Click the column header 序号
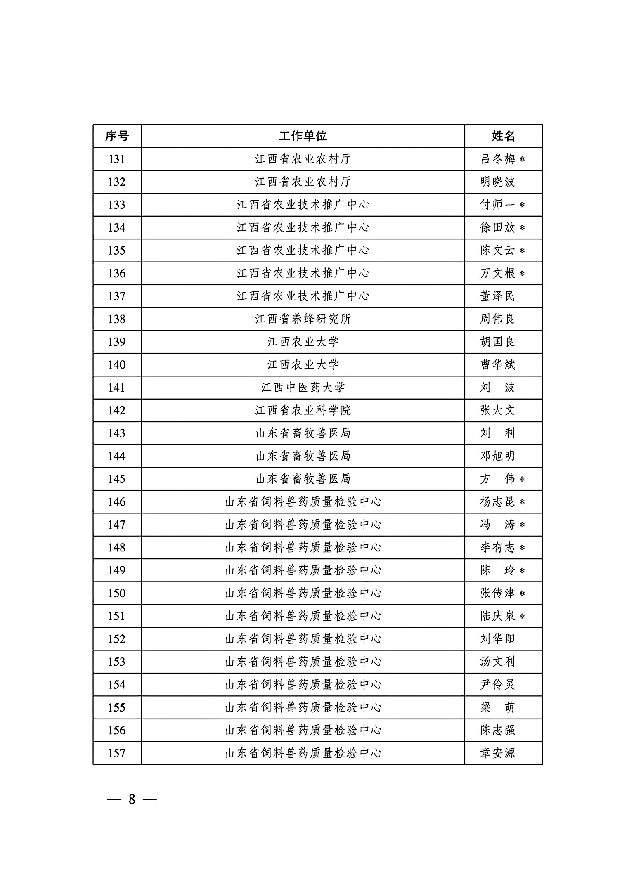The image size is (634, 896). pyautogui.click(x=117, y=136)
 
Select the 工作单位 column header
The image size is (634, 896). pyautogui.click(x=303, y=136)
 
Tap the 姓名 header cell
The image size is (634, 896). pyautogui.click(x=503, y=136)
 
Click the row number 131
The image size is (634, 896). pyautogui.click(x=117, y=159)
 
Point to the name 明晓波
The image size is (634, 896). pyautogui.click(x=498, y=182)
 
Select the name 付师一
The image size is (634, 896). pyautogui.click(x=498, y=205)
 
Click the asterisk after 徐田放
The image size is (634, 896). pyautogui.click(x=522, y=228)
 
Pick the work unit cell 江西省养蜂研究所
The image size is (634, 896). pyautogui.click(x=303, y=319)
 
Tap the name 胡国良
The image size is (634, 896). pyautogui.click(x=498, y=342)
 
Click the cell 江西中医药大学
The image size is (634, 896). pyautogui.click(x=303, y=388)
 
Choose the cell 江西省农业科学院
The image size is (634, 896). pyautogui.click(x=303, y=411)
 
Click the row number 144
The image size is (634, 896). pyautogui.click(x=117, y=456)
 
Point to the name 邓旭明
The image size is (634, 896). pyautogui.click(x=498, y=456)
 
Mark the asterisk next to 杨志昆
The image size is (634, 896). pyautogui.click(x=522, y=502)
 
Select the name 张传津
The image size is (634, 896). pyautogui.click(x=498, y=593)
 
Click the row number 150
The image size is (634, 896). pyautogui.click(x=117, y=593)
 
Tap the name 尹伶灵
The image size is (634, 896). pyautogui.click(x=498, y=685)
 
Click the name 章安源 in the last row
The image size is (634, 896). pyautogui.click(x=498, y=753)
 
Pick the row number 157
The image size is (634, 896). pyautogui.click(x=117, y=753)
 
